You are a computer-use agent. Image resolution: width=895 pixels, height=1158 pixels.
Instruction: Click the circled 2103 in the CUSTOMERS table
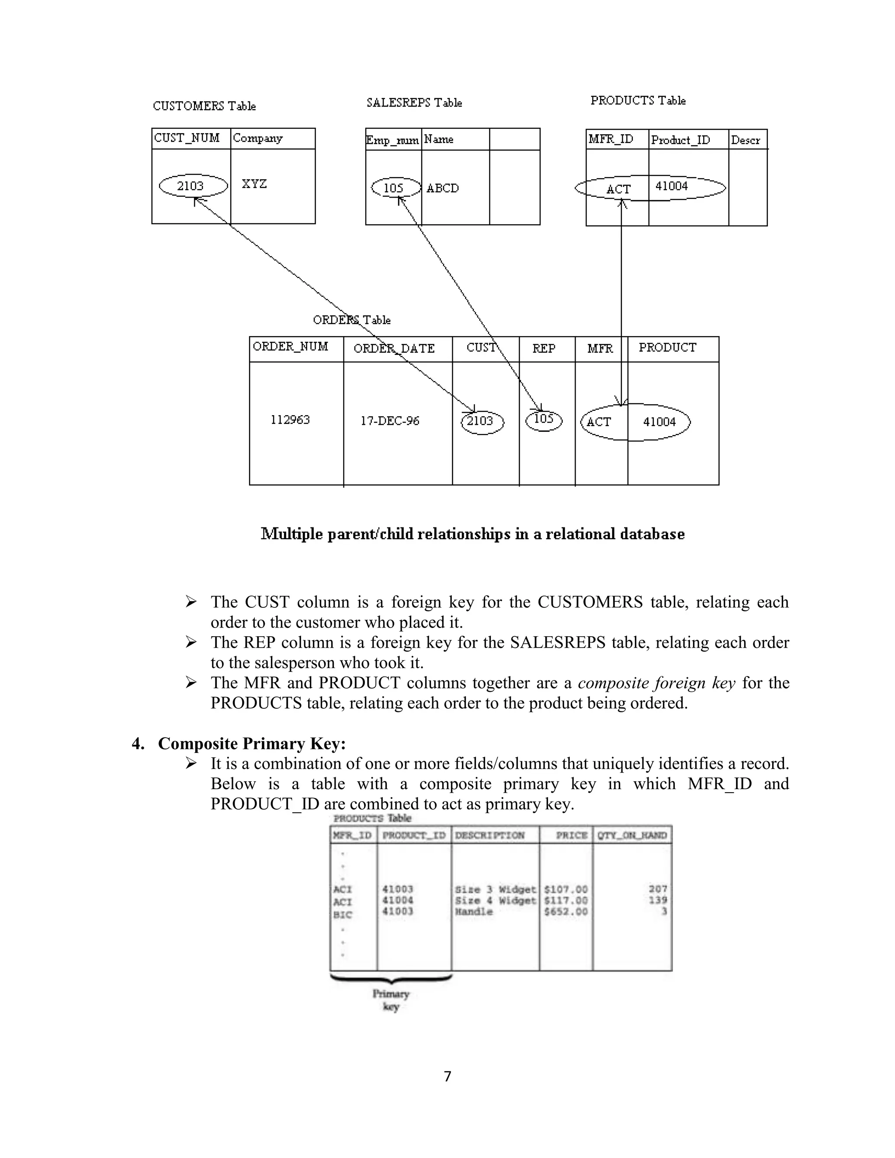coord(191,186)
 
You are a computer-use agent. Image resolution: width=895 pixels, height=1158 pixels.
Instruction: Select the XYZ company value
coord(254,184)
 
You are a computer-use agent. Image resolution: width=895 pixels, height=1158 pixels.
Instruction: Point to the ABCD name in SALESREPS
coord(442,188)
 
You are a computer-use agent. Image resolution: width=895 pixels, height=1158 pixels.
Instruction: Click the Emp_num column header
coord(392,140)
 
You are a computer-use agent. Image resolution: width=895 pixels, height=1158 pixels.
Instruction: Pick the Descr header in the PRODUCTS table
coord(745,140)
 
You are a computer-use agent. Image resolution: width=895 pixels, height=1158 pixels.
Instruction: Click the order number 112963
coord(290,420)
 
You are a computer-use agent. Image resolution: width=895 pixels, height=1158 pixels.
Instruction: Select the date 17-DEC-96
coord(390,421)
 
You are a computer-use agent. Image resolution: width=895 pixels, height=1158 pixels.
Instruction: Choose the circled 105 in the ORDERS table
coord(544,420)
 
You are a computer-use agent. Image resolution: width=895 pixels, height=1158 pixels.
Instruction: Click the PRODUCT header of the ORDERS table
coord(667,348)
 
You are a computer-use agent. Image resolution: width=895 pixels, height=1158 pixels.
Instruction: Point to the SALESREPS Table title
coord(414,103)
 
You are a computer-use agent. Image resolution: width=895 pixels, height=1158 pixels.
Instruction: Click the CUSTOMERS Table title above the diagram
coord(204,106)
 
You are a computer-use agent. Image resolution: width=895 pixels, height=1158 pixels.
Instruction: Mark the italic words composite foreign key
coord(656,683)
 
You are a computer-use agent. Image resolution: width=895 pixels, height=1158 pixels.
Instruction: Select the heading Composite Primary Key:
coord(252,743)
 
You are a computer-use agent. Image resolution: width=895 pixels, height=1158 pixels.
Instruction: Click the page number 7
coord(447,1076)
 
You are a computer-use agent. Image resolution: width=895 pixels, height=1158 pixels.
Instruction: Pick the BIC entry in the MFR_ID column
coord(343,915)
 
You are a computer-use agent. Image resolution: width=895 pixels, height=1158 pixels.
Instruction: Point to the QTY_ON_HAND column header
coord(631,836)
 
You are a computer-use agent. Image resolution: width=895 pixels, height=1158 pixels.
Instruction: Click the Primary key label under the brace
coord(391,1000)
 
